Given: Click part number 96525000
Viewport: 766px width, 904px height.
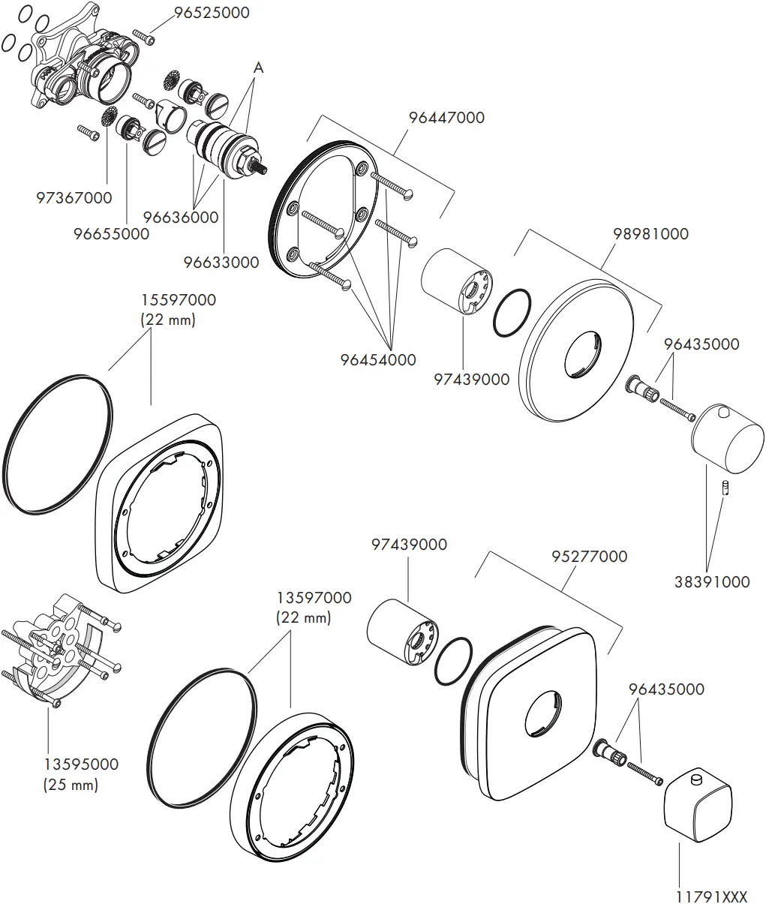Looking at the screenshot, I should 212,13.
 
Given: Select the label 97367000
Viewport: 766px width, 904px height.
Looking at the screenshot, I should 74,198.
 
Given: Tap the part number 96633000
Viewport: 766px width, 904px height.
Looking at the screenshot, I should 221,262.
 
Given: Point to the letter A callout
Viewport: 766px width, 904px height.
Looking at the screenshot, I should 258,68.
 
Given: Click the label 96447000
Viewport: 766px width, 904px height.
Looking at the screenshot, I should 446,118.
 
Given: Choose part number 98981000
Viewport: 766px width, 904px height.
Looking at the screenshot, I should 650,233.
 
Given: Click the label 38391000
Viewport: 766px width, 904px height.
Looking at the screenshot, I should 712,581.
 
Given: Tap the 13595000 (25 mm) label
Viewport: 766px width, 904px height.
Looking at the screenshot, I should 80,774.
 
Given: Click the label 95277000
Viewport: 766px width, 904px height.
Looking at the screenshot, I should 589,557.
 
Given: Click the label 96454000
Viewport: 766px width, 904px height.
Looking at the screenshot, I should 377,359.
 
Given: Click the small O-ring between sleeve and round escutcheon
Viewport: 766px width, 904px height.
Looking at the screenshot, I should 513,314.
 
